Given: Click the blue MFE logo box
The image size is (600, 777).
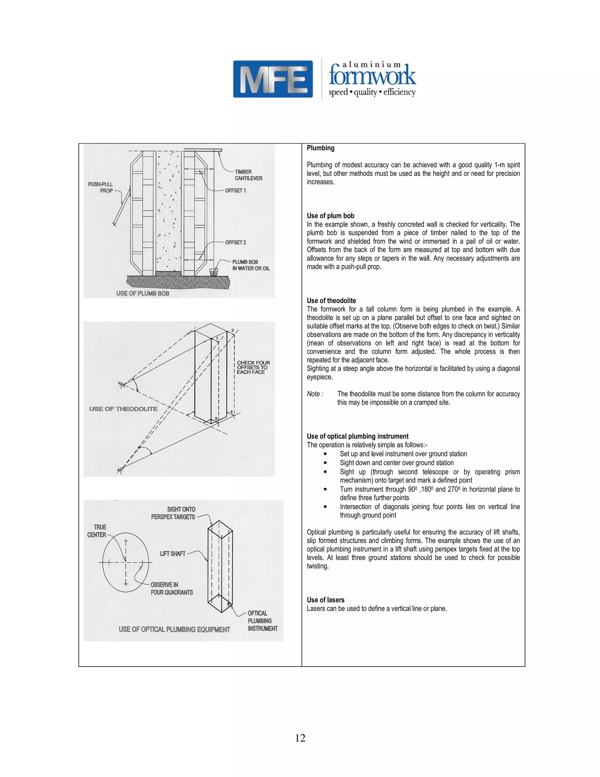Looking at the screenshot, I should (273, 79).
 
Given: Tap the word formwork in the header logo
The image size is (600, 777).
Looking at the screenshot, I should (372, 75).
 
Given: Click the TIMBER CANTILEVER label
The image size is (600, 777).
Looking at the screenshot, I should (248, 175).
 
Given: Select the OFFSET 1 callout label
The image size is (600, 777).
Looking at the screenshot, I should (235, 191).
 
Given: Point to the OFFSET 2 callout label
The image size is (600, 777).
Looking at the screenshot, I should (235, 242).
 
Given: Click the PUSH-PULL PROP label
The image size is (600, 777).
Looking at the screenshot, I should (100, 187).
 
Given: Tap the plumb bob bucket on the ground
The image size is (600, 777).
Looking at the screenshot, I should (214, 272).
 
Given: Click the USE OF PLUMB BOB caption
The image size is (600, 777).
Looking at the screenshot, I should (143, 294).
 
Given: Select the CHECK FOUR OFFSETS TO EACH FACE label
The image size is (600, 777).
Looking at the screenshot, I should (253, 367).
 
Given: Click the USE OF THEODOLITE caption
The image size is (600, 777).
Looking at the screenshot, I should (123, 409).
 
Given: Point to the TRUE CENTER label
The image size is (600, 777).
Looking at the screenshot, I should (97, 531).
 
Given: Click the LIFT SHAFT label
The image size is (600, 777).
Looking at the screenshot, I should (173, 554).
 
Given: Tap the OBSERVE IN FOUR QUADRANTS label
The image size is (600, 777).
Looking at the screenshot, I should (171, 588).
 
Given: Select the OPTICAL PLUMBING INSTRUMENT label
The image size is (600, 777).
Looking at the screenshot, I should (262, 621).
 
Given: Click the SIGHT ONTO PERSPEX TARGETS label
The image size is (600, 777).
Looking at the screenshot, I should (173, 513).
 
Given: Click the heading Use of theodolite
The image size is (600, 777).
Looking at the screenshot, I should (331, 301).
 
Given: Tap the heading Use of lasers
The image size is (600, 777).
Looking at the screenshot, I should (325, 600).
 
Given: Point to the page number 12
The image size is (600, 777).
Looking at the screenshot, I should (300, 738).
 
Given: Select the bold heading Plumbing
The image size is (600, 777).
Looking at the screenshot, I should (320, 148).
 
